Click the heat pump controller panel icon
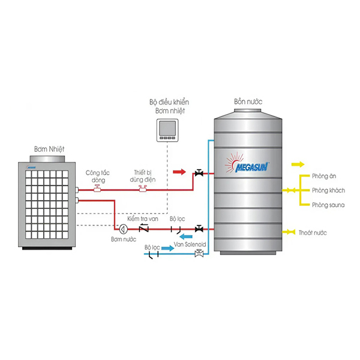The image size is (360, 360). (167, 130)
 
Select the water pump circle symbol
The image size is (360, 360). (123, 229)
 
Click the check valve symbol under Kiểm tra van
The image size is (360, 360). (144, 228)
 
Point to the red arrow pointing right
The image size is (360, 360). (179, 172)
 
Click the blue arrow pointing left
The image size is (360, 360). (186, 236)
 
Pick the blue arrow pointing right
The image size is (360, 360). (168, 248)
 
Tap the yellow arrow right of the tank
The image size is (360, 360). (298, 164)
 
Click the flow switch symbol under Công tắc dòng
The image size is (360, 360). (97, 188)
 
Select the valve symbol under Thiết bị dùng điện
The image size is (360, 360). (143, 188)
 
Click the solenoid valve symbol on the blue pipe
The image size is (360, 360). (199, 253)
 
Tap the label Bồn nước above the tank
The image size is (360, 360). (248, 102)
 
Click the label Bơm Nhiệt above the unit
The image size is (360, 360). (49, 149)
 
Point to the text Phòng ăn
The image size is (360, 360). (324, 176)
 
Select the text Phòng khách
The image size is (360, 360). (329, 190)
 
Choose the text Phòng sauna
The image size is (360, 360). (328, 205)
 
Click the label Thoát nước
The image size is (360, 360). (313, 233)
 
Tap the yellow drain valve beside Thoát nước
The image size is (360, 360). (289, 232)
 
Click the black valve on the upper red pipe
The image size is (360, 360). (199, 173)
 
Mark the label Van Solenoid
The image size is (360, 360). (190, 244)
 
